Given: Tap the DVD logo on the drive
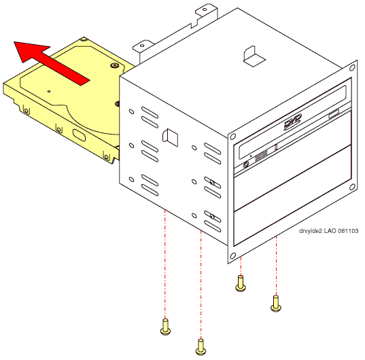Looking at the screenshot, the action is tap(293, 122).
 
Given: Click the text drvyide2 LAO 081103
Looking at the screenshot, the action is tap(328, 231).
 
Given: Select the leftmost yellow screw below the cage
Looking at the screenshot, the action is tap(165, 327).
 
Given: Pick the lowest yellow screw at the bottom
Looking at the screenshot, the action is tap(201, 347).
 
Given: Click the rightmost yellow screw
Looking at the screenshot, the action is tap(276, 304).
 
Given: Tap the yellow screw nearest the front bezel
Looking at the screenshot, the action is tap(241, 283).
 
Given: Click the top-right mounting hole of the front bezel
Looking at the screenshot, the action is tap(352, 68).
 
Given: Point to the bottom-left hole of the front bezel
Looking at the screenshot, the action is tap(232, 256).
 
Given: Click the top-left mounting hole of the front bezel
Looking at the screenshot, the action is tap(232, 137).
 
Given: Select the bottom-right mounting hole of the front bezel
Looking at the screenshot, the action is tap(352, 187).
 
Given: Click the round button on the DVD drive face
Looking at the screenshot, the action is tap(246, 164).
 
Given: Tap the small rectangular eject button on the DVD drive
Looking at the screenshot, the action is tap(334, 113).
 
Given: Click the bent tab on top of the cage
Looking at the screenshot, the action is tap(254, 56).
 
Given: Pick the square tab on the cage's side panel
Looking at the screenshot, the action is tap(171, 138).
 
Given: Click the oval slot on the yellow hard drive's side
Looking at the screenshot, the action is tap(79, 135).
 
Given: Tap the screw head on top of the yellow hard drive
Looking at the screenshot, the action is tap(114, 66).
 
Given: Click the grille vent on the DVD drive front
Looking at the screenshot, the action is tap(261, 156).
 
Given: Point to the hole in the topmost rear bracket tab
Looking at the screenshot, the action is tap(205, 10).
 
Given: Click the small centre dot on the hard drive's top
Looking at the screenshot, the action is tap(49, 92).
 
